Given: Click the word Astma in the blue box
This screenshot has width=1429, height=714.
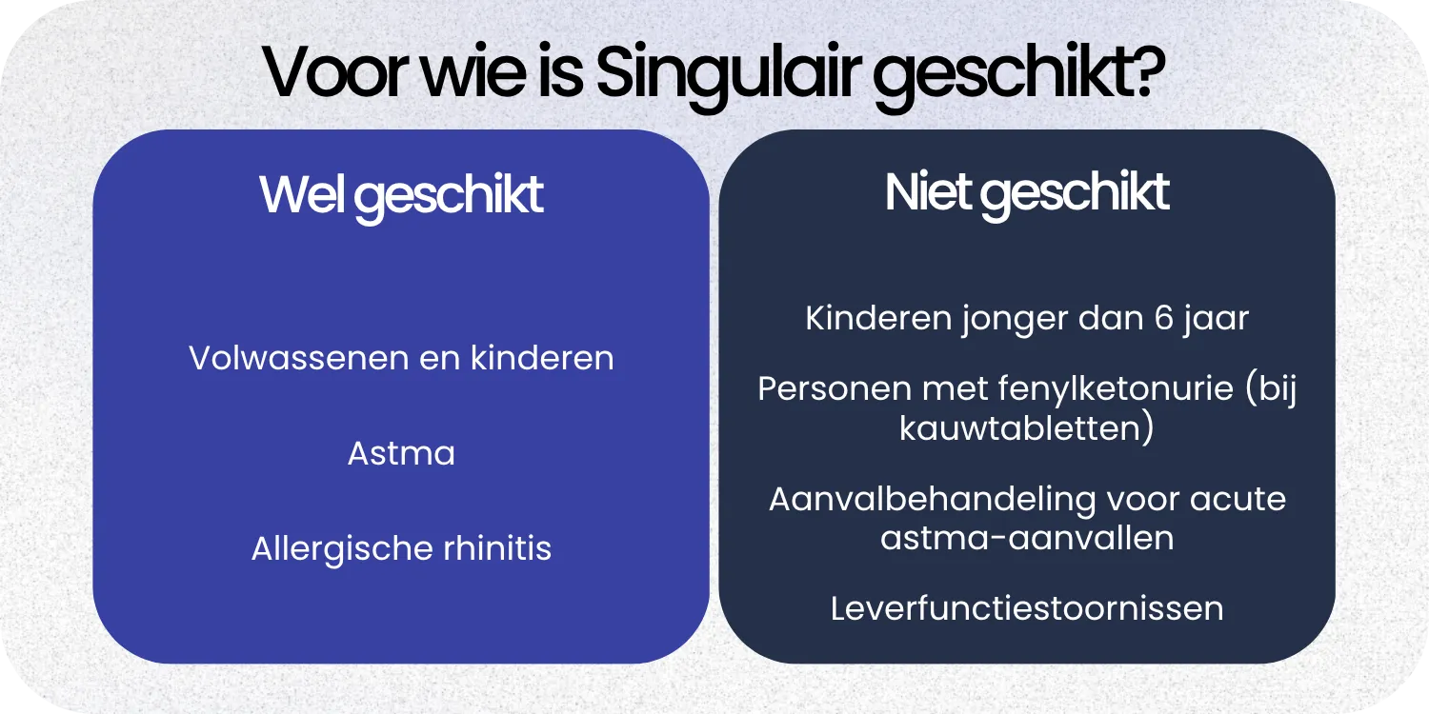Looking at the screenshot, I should pos(401,454).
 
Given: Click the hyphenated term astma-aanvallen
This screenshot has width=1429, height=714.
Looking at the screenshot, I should pos(1027,539).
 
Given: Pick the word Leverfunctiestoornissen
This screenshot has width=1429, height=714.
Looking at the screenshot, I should pos(1027,608).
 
